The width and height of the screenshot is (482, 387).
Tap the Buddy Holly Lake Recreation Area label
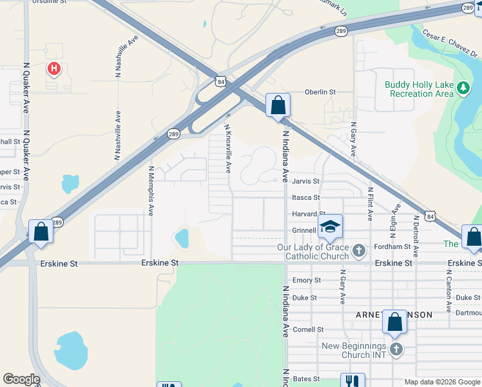(x=419, y=89)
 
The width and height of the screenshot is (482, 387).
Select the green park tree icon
(x=463, y=88)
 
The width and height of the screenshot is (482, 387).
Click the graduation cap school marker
(x=330, y=226)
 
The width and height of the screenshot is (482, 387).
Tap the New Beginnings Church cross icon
(x=396, y=350)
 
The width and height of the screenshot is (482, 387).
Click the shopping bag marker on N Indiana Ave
(x=278, y=105)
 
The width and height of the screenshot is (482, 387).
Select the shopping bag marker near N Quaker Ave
(x=41, y=232)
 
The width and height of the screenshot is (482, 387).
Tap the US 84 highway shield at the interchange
(x=222, y=81)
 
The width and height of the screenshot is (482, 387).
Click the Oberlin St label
(x=320, y=92)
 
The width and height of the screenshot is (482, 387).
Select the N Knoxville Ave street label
(x=227, y=149)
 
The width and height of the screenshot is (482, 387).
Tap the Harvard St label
(x=308, y=213)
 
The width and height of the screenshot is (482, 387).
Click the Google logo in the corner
(x=21, y=380)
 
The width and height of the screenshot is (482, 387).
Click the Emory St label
(x=307, y=281)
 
